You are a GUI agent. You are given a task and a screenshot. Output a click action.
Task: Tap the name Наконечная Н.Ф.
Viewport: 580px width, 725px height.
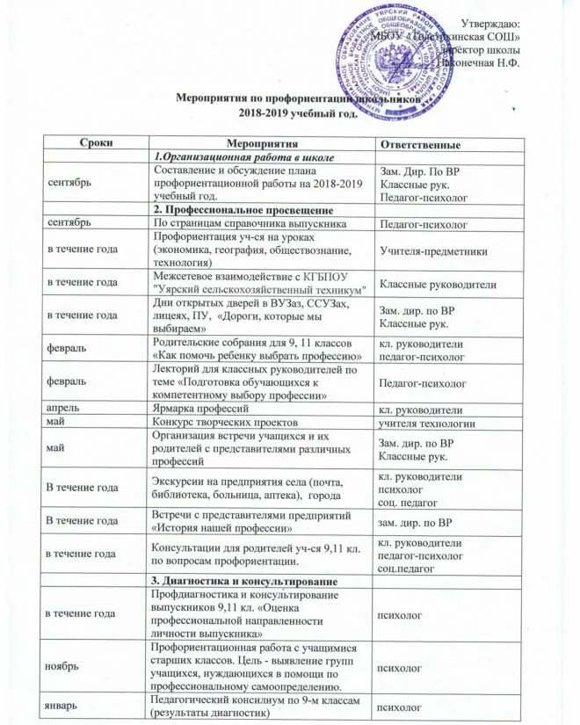(481, 64)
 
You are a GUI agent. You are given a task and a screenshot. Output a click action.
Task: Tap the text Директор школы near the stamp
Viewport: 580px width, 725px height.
(486, 51)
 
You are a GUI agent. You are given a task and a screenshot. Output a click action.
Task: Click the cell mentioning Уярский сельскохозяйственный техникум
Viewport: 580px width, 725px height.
(259, 282)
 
